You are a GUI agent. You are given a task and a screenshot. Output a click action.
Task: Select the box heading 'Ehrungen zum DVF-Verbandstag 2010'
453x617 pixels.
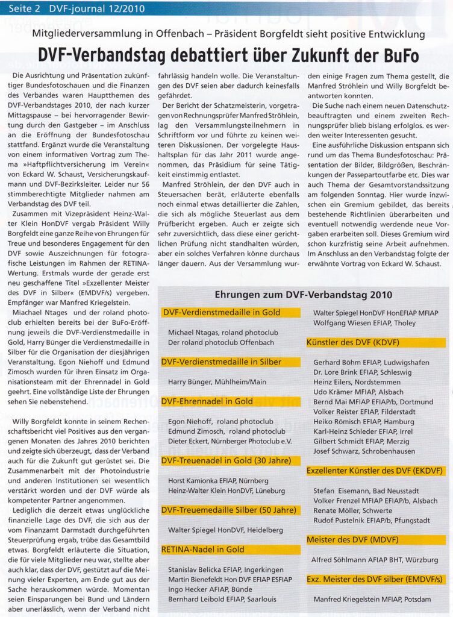click(x=303, y=295)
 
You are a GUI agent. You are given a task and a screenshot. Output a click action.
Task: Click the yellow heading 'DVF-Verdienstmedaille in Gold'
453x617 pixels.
click(x=221, y=313)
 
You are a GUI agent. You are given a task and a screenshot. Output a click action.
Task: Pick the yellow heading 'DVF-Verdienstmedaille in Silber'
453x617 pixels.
click(x=222, y=362)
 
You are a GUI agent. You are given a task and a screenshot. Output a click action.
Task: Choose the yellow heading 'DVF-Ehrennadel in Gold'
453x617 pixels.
click(x=207, y=401)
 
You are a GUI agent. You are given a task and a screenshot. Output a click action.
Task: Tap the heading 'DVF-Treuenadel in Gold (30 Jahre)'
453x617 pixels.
click(x=230, y=461)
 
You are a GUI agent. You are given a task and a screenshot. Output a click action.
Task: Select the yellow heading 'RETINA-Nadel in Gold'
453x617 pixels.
click(x=203, y=550)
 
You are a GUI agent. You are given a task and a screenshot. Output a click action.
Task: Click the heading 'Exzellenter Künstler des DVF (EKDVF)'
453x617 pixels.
click(x=375, y=471)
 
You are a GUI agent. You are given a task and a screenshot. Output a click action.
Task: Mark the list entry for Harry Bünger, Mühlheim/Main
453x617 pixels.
click(x=217, y=382)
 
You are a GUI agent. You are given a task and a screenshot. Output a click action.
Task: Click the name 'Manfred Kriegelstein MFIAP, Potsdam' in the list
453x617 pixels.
click(x=372, y=599)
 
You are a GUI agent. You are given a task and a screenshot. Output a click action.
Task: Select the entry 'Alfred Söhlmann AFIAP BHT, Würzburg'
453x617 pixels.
click(x=374, y=559)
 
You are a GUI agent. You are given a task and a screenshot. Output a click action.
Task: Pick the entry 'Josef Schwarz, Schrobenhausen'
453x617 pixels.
click(x=364, y=451)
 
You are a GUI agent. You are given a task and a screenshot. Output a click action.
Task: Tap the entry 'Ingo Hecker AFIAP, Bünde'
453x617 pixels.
click(x=210, y=589)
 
